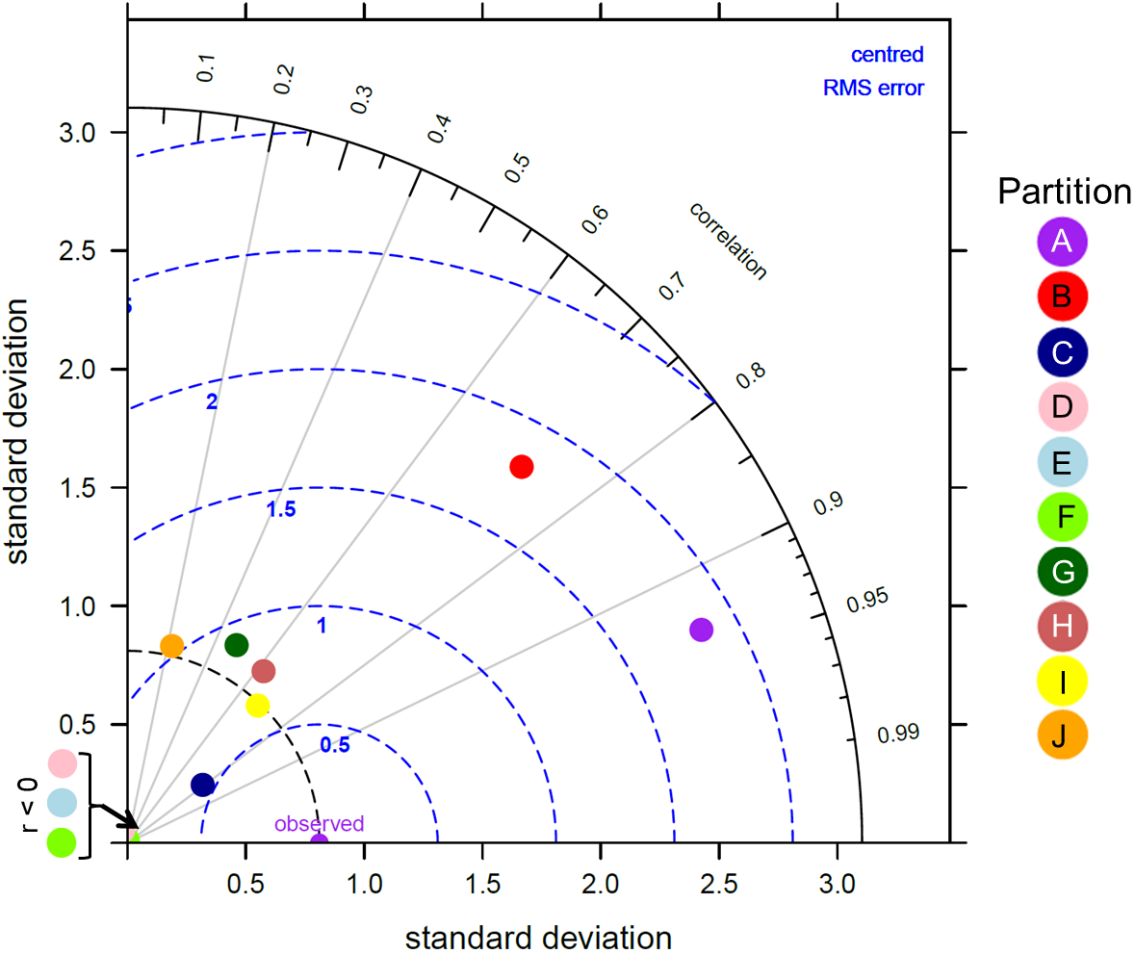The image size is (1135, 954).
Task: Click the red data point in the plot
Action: pos(521,467)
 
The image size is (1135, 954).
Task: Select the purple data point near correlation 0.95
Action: pos(701,630)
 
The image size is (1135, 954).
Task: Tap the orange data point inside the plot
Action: pos(171,645)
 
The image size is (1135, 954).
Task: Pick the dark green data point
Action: pos(236,644)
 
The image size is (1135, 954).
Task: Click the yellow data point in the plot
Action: pos(257,705)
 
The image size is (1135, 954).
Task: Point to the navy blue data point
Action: pos(202,785)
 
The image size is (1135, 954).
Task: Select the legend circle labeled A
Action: pos(1062,241)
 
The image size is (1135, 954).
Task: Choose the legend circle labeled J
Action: pos(1062,736)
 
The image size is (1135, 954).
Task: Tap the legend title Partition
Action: pos(1064,192)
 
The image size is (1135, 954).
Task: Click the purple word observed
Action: pos(319,824)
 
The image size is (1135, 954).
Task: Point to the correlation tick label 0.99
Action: pos(898,735)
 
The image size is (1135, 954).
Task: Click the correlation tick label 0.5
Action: pos(517,168)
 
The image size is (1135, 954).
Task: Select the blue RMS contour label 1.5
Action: pos(281,510)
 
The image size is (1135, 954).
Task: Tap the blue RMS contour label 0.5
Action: pos(334,744)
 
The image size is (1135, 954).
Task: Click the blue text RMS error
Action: pos(872,89)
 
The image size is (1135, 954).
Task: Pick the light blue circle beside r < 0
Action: pos(62,802)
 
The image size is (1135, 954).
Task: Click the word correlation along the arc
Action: pos(728,242)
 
